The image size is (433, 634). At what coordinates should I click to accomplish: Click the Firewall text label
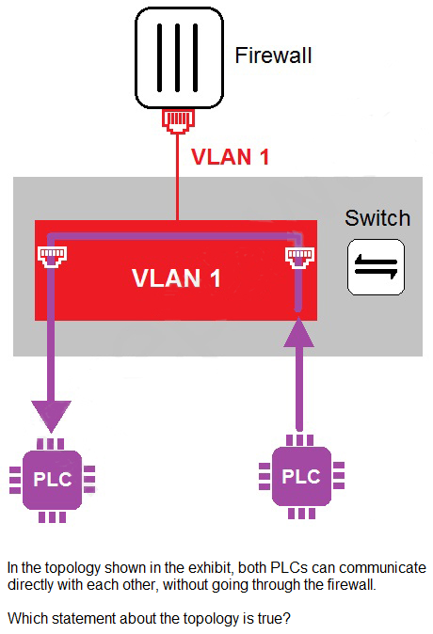[x=274, y=55]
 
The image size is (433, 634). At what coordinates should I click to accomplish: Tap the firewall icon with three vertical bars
[x=179, y=57]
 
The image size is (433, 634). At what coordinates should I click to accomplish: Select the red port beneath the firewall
[x=178, y=121]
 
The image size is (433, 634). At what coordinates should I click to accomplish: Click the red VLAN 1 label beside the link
[x=230, y=157]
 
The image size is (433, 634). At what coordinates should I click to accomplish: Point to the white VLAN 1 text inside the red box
[x=176, y=278]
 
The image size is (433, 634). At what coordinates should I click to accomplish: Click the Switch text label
[x=377, y=218]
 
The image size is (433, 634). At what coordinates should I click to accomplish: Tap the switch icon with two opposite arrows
[x=376, y=267]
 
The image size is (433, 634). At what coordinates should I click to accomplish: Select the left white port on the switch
[x=52, y=257]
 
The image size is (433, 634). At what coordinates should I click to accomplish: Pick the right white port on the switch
[x=300, y=258]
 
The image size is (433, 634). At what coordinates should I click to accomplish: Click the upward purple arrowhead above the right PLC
[x=299, y=332]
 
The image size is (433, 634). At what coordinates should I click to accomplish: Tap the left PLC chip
[x=52, y=480]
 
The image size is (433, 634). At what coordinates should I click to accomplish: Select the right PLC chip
[x=301, y=476]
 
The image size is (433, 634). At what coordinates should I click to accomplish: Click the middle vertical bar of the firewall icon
[x=177, y=57]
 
